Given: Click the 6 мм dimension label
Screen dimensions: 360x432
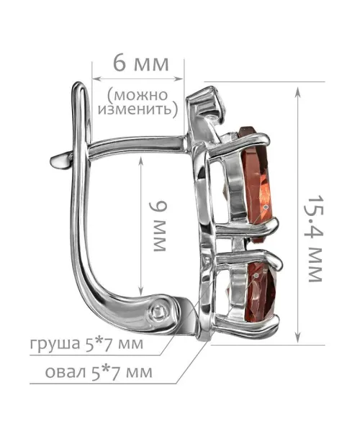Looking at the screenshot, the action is (140, 64).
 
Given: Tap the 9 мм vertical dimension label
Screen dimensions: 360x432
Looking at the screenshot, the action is (159, 226).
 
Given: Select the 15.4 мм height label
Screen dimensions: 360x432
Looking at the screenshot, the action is (315, 238).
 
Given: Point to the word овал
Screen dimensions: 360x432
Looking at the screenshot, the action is (66, 372).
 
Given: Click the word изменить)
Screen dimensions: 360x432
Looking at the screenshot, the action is (138, 109).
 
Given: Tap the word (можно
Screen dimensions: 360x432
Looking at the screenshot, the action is (138, 95).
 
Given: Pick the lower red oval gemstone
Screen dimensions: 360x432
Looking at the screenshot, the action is (261, 293).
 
